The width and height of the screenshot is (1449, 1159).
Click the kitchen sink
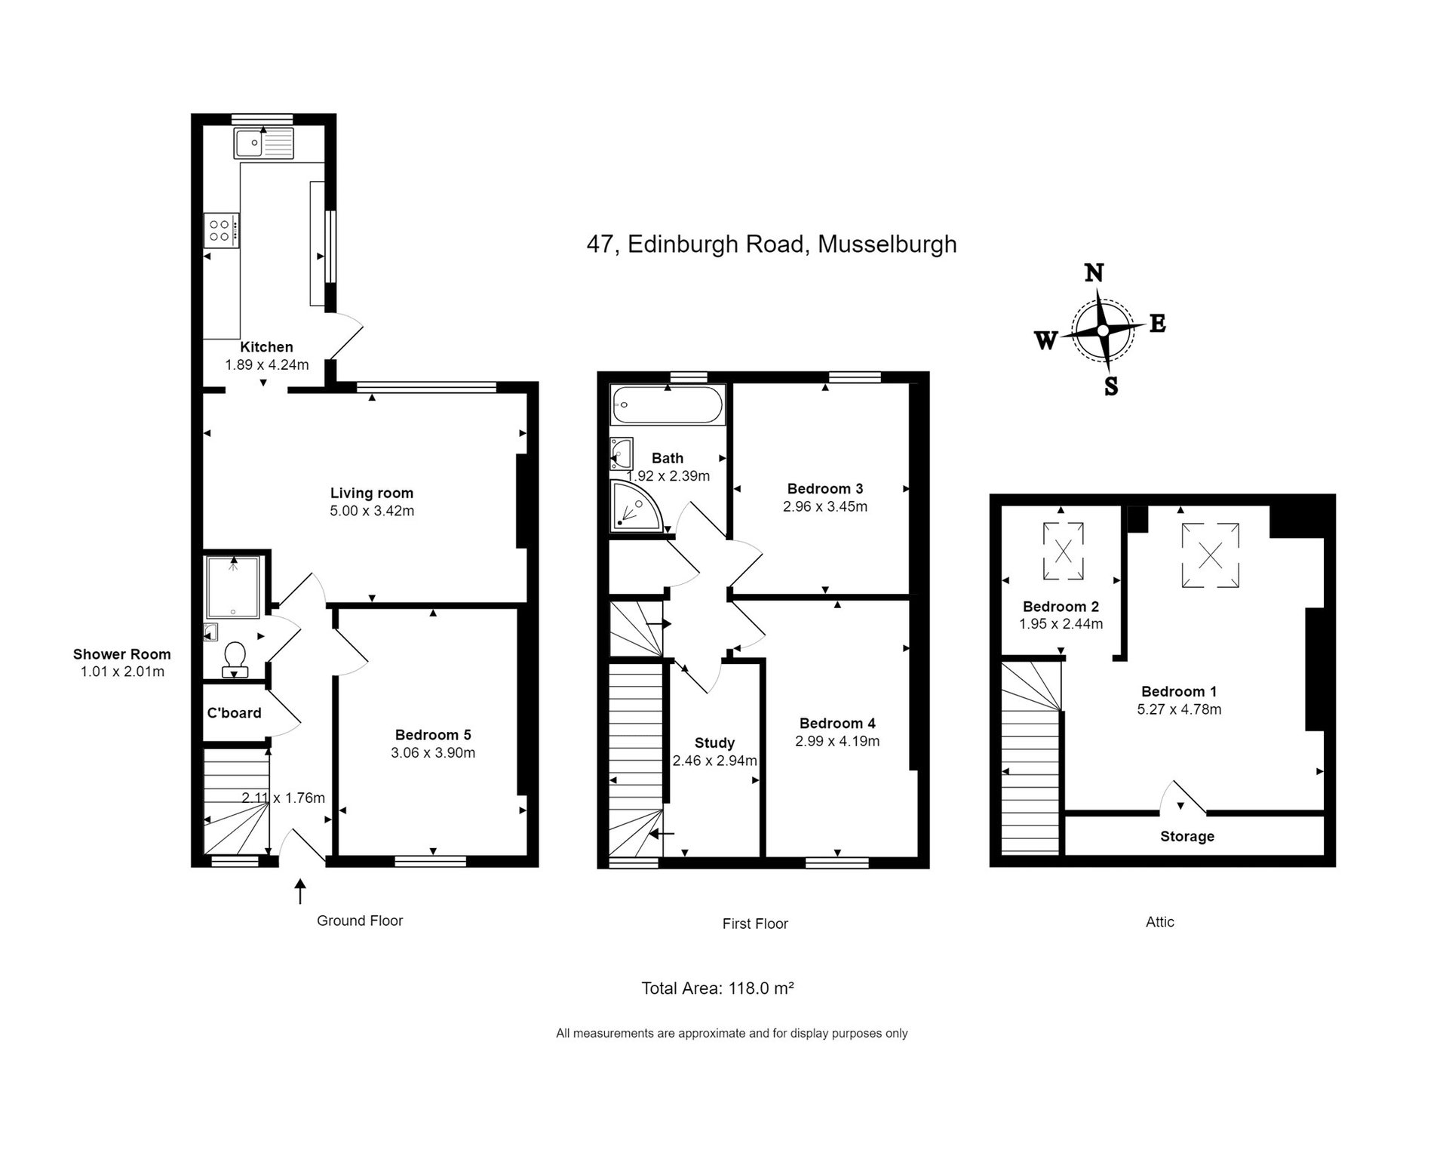coord(263,143)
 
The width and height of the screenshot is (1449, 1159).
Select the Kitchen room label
coord(266,347)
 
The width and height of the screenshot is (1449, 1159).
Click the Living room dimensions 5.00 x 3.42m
coord(372,511)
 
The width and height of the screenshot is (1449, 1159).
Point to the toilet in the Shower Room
coord(235,658)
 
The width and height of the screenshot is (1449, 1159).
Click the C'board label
coord(234,713)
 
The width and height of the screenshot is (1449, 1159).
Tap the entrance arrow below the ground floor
coord(300,891)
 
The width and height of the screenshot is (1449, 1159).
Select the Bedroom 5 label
coord(433,735)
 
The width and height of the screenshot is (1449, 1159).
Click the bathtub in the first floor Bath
coord(668,404)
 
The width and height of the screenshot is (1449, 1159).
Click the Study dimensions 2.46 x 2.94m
coord(714,761)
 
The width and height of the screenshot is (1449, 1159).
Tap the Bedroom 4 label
coord(837,724)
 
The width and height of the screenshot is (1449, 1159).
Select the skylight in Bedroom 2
coord(1063,552)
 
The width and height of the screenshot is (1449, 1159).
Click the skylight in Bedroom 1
coord(1210,556)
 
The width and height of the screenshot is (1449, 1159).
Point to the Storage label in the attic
coord(1187,837)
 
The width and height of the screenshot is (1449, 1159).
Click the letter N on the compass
coord(1094,272)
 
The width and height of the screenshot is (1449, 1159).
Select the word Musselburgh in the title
coord(887,244)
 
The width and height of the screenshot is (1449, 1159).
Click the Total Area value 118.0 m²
coord(761,988)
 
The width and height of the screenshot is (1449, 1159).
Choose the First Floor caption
coord(755,924)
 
